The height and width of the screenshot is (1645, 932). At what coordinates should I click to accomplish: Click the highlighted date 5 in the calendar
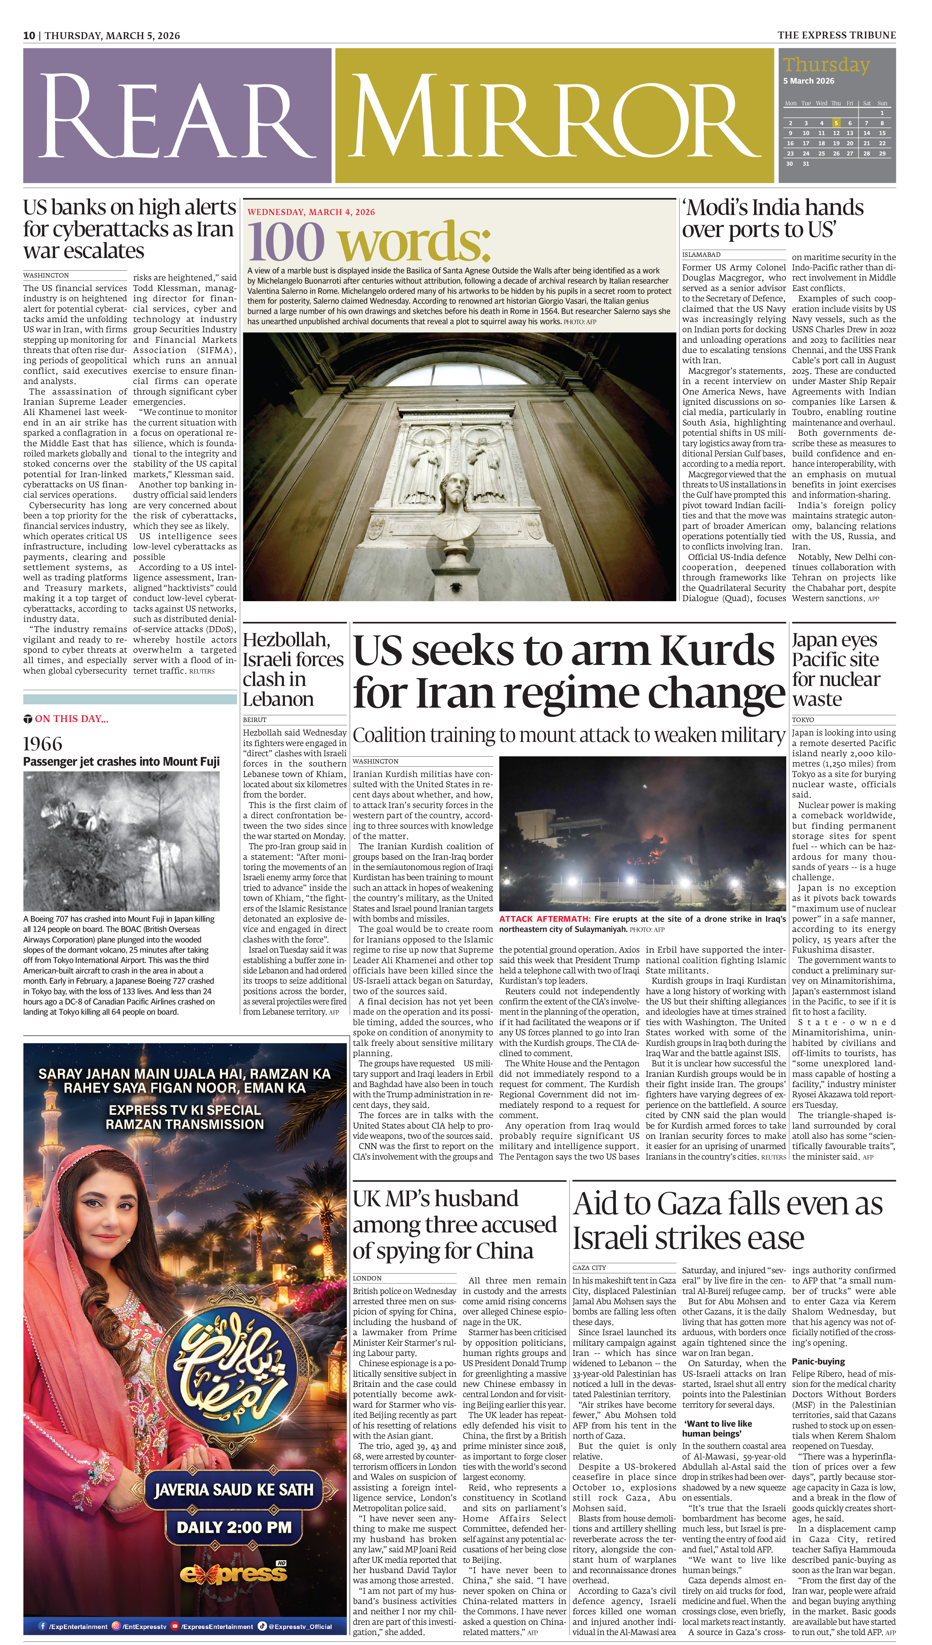point(835,123)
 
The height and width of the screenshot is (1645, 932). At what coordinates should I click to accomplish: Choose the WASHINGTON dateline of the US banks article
point(46,275)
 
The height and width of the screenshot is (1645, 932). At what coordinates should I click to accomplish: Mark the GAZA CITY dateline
point(589,1267)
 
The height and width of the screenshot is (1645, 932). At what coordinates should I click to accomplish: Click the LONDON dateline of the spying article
point(368,1278)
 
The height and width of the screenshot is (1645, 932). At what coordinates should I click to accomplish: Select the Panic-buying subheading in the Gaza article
point(819,1361)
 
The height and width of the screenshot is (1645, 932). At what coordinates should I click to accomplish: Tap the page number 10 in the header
point(29,35)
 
